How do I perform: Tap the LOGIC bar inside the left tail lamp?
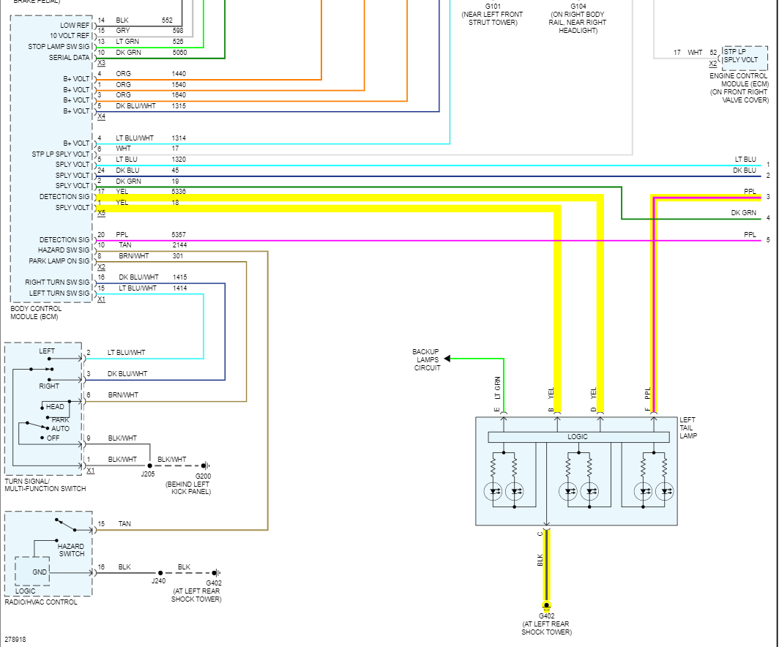click(578, 437)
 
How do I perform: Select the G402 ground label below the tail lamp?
click(546, 616)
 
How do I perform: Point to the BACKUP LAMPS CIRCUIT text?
click(425, 359)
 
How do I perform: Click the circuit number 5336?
click(179, 192)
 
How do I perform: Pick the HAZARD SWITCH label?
click(71, 550)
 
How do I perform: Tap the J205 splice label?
click(149, 474)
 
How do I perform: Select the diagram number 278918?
click(15, 639)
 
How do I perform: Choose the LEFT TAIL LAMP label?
click(687, 427)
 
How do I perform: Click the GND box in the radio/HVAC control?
click(40, 572)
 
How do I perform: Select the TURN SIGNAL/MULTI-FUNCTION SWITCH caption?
click(45, 485)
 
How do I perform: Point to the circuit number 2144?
click(180, 245)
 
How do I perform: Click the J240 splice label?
click(158, 581)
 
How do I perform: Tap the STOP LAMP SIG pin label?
click(58, 47)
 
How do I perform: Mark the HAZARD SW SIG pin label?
click(63, 250)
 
